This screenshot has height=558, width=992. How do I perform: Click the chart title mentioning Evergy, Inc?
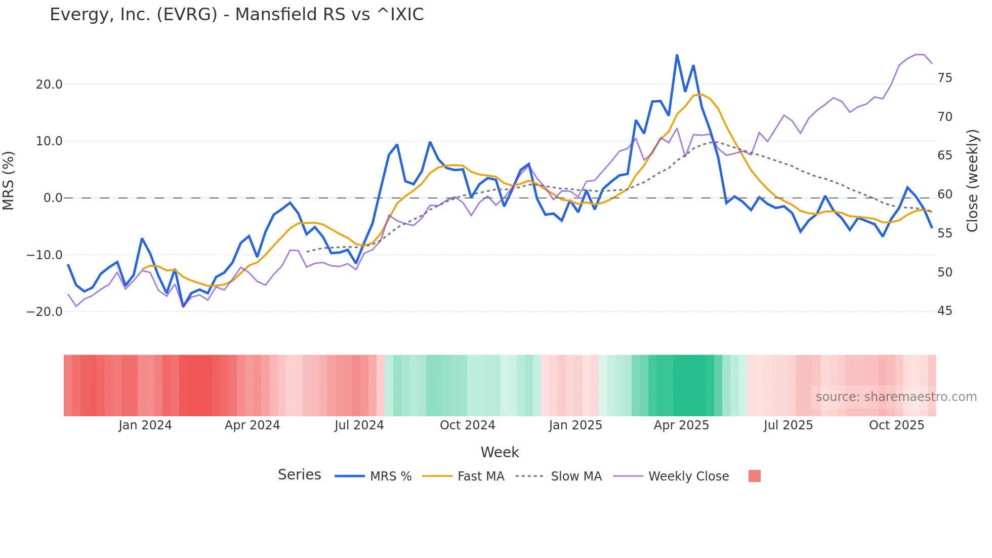[x=236, y=15]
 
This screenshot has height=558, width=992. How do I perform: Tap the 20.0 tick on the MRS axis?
[x=49, y=85]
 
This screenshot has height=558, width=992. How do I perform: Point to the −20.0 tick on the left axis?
[x=45, y=312]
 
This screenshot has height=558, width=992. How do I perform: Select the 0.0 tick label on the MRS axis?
[x=53, y=198]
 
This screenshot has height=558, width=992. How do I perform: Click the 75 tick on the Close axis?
[x=945, y=78]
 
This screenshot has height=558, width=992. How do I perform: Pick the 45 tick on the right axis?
[x=945, y=311]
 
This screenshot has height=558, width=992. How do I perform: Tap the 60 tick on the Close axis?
[x=945, y=194]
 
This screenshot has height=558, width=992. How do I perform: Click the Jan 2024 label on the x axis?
[x=145, y=425]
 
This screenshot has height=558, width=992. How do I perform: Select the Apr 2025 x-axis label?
[x=681, y=425]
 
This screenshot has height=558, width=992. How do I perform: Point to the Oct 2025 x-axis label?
[x=896, y=425]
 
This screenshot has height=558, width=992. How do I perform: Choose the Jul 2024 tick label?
[x=359, y=425]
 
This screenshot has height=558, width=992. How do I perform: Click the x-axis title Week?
[x=500, y=452]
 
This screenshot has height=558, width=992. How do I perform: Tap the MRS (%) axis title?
[x=9, y=181]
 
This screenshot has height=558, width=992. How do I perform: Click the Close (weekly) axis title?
[x=972, y=181]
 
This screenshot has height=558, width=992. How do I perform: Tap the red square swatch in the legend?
[x=754, y=476]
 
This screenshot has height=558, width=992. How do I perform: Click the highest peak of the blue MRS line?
[x=677, y=55]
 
